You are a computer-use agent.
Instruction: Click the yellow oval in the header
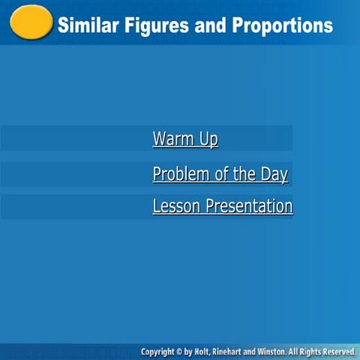pyautogui.click(x=31, y=22)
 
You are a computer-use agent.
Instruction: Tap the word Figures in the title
pyautogui.click(x=152, y=25)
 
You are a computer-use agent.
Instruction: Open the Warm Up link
pyautogui.click(x=185, y=139)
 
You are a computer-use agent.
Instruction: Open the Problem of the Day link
pyautogui.click(x=220, y=175)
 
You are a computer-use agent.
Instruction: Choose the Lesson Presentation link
pyautogui.click(x=222, y=205)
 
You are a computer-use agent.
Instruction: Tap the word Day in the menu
pyautogui.click(x=274, y=175)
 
